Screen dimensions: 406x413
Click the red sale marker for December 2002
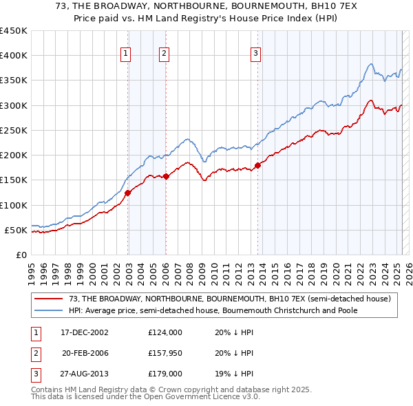point(128,193)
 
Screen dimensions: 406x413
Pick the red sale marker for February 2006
point(166,176)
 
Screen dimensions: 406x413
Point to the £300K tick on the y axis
point(14,105)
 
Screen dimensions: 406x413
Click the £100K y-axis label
point(14,205)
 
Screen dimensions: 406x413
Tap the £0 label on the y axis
point(21,255)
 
